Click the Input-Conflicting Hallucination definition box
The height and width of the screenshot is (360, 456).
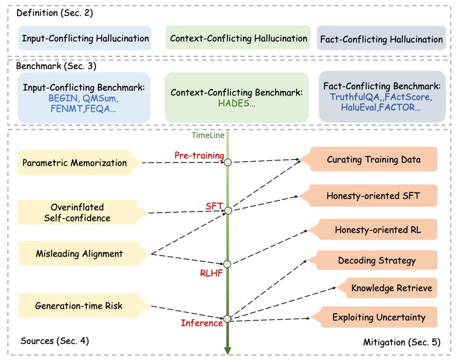pyautogui.click(x=85, y=38)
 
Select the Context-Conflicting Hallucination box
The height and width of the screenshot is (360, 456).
pyautogui.click(x=239, y=38)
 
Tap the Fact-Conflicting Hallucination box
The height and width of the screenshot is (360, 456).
pyautogui.click(x=381, y=39)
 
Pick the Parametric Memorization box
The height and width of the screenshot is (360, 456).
pyautogui.click(x=74, y=163)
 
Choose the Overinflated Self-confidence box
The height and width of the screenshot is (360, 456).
pyautogui.click(x=77, y=212)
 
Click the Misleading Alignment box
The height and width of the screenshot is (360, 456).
pyautogui.click(x=79, y=254)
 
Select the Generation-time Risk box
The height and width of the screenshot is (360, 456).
pyautogui.click(x=79, y=306)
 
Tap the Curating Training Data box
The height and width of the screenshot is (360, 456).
pyautogui.click(x=373, y=160)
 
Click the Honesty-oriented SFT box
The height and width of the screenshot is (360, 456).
pyautogui.click(x=373, y=196)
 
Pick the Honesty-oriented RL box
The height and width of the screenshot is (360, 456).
pyautogui.click(x=377, y=230)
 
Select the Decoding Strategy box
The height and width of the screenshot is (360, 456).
pyautogui.click(x=377, y=260)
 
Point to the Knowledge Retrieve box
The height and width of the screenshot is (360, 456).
pyautogui.click(x=391, y=288)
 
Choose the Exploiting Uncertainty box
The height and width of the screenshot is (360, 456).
pyautogui.click(x=378, y=317)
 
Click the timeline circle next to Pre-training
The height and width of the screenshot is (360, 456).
pyautogui.click(x=228, y=162)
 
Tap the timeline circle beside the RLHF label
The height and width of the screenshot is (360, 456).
pyautogui.click(x=227, y=264)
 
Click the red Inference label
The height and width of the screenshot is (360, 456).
pyautogui.click(x=202, y=323)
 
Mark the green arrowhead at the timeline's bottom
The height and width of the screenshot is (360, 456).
pyautogui.click(x=228, y=350)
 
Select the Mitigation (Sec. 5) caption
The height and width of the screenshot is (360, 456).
pyautogui.click(x=402, y=342)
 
